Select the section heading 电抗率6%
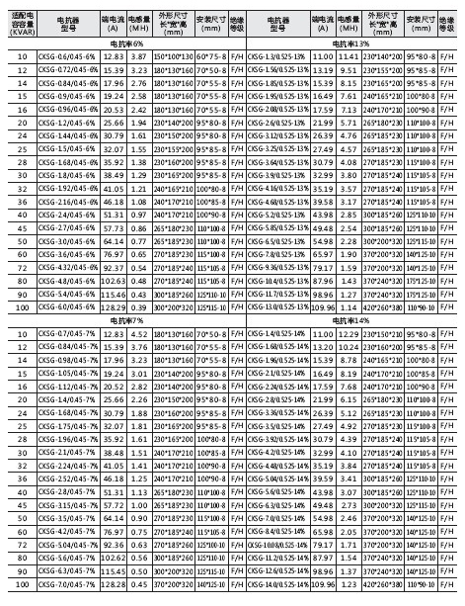click(x=123, y=45)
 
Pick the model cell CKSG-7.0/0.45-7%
click(x=65, y=584)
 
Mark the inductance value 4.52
click(x=140, y=335)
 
